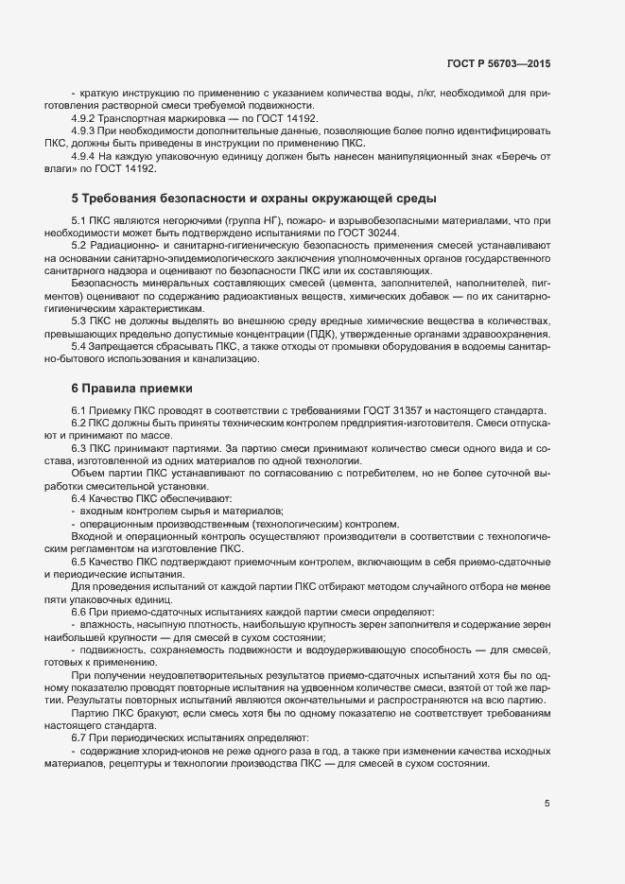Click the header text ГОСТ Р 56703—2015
pos(497,63)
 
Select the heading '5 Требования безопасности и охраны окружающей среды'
pos(253,199)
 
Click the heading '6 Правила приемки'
pos(131,389)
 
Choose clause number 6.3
pos(79,445)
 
